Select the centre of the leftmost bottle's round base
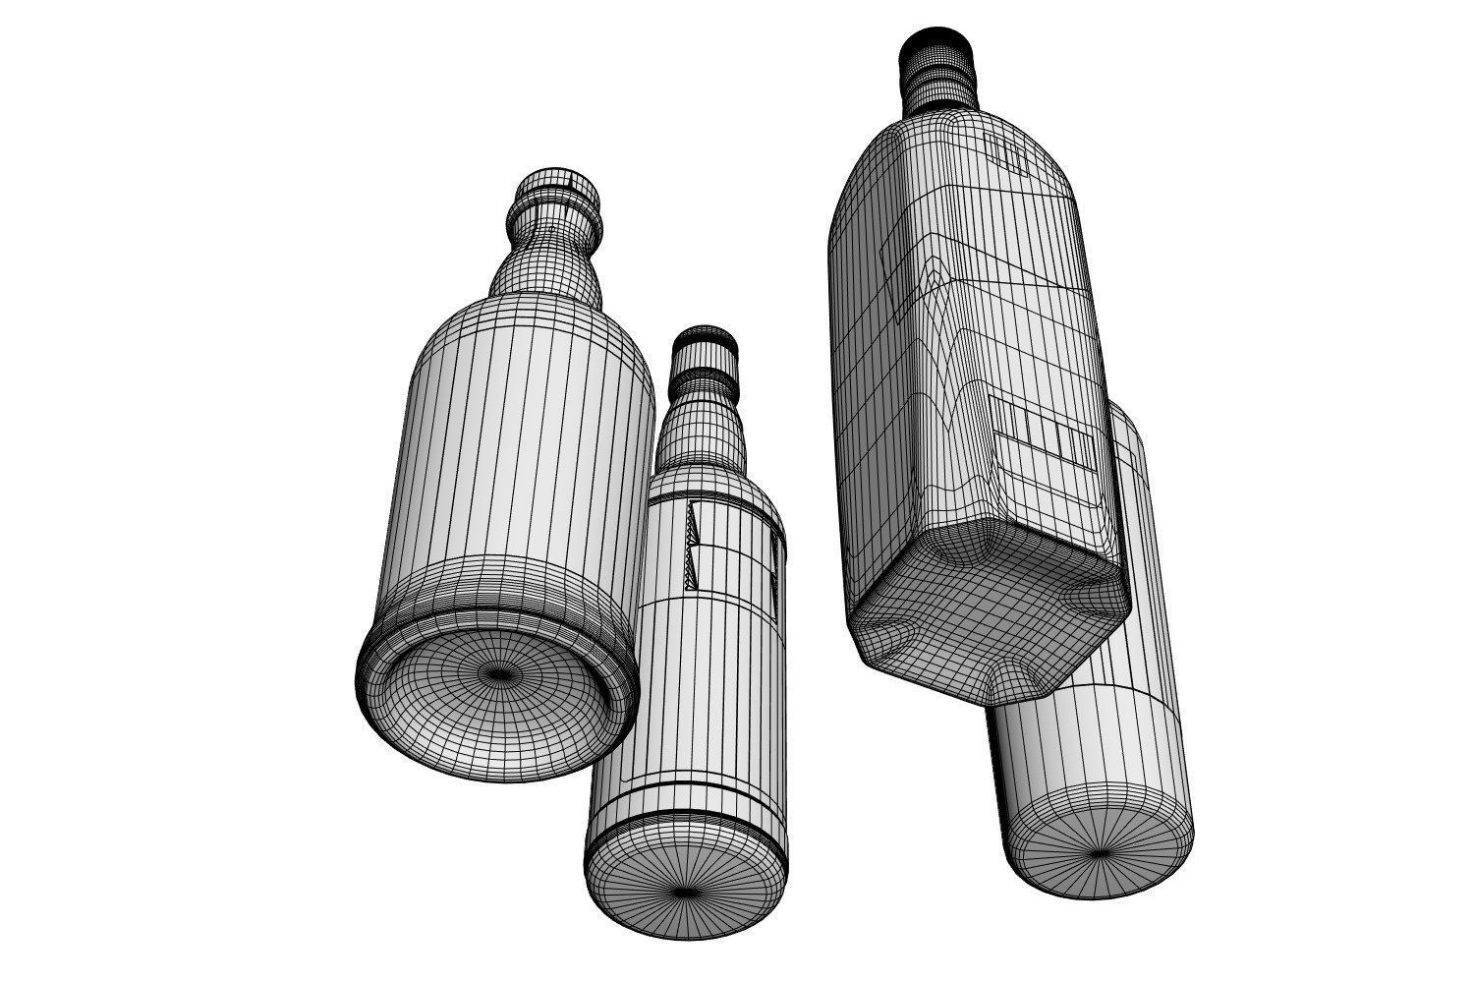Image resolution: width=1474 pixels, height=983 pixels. pyautogui.click(x=501, y=675)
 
